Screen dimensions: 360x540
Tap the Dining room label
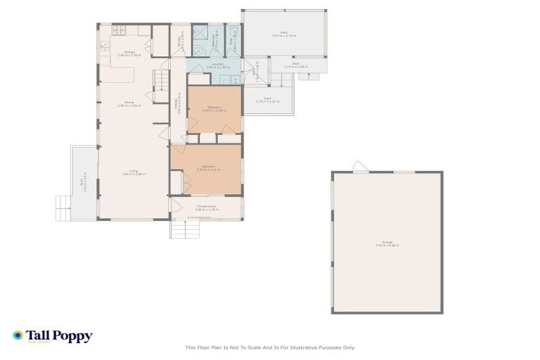click(129, 104)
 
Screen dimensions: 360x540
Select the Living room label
click(133, 172)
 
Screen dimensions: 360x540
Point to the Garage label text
click(387, 244)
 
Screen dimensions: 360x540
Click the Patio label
click(285, 34)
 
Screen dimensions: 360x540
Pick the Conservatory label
click(206, 208)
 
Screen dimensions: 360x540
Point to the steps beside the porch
click(63, 207)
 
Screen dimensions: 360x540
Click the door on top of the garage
click(359, 167)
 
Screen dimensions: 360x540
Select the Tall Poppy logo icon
click(18, 336)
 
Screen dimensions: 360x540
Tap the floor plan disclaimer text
click(270, 347)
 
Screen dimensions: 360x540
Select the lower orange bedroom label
click(205, 167)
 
